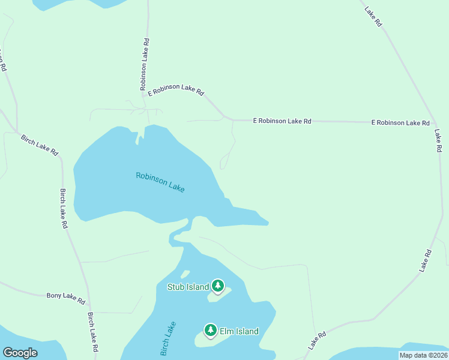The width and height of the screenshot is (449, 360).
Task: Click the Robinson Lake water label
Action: [x=160, y=182]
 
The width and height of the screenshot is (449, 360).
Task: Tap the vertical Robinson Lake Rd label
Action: [x=145, y=64]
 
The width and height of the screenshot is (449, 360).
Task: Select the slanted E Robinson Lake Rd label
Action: [x=176, y=90]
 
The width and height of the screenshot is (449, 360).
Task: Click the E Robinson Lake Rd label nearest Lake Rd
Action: [x=400, y=122]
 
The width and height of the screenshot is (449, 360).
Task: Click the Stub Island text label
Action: [x=188, y=287]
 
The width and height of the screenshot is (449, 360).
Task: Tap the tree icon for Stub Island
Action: [x=217, y=286]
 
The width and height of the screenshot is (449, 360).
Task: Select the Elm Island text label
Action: [x=238, y=331]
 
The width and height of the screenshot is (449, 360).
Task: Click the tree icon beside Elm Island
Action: [x=210, y=331]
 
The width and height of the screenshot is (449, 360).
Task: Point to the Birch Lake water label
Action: [x=169, y=339]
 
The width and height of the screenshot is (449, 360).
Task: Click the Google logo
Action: [x=20, y=353]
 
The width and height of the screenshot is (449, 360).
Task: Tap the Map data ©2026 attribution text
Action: [x=423, y=355]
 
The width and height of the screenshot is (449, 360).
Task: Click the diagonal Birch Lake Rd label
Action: [x=39, y=144]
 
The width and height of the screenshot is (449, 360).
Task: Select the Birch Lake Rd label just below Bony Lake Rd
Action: [x=92, y=332]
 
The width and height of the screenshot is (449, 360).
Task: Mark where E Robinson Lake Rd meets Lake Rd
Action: [x=434, y=123]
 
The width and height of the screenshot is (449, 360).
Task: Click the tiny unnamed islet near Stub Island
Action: [x=185, y=275]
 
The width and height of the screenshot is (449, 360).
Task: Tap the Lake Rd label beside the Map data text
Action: [x=317, y=341]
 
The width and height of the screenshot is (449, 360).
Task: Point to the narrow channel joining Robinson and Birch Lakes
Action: [x=180, y=231]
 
